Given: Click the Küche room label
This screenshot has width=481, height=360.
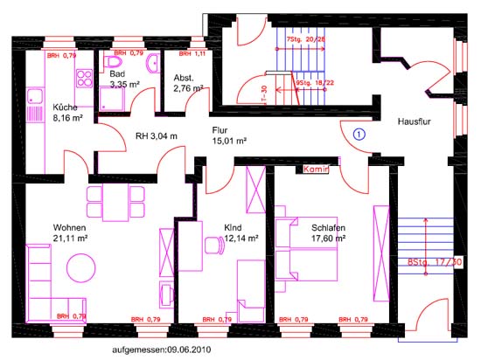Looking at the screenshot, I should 40,107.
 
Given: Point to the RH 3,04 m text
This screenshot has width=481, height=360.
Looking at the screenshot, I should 157,135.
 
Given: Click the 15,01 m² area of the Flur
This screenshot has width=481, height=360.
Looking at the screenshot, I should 229,140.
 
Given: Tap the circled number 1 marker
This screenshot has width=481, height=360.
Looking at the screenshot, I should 359,134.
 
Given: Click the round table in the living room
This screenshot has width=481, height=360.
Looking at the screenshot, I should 82,267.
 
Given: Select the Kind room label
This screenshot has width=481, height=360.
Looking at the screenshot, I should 232,227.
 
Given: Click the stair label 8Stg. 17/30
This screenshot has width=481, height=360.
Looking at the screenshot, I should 434,261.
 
